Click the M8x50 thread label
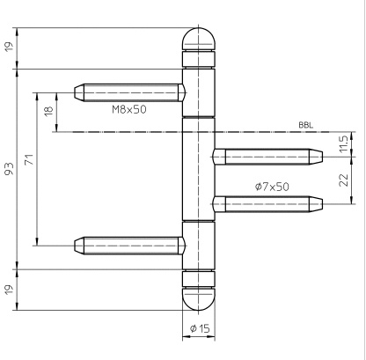129,109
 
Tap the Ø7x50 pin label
272,187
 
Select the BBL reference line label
306,125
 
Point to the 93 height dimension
10,169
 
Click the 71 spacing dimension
29,159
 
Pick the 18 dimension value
48,111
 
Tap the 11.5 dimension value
343,143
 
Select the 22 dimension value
343,180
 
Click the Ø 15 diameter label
200,328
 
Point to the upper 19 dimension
10,47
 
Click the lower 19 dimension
10,290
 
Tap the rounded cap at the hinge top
199,39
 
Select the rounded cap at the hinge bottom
199,299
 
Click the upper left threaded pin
129,92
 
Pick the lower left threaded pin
129,246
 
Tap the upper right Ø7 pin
267,157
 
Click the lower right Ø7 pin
267,204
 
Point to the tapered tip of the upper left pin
79,92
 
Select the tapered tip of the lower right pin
316,204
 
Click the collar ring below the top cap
199,59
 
